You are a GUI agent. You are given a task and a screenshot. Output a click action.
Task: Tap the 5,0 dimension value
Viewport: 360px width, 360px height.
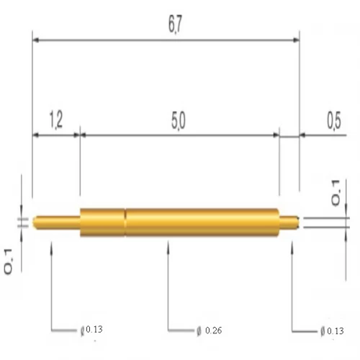[179, 120]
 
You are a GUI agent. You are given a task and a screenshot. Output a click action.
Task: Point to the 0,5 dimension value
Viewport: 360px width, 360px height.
[333, 120]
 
